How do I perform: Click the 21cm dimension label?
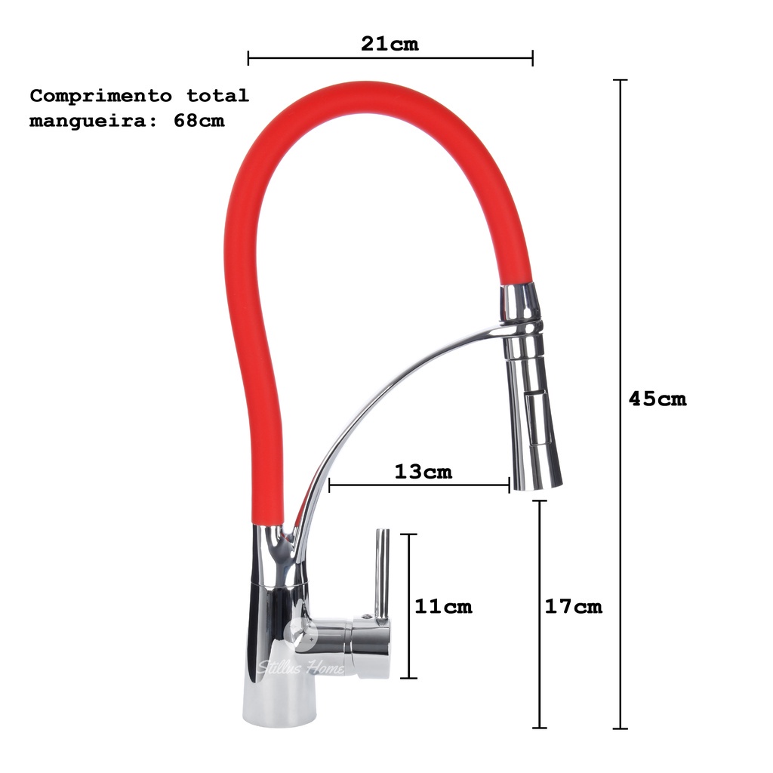click(x=390, y=43)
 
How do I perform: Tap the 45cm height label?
click(x=658, y=399)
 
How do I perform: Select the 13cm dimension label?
click(x=423, y=472)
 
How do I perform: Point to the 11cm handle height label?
click(x=443, y=606)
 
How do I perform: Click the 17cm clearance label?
click(x=574, y=606)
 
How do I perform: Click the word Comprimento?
click(x=101, y=96)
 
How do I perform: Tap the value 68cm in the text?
click(x=199, y=120)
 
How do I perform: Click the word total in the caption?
click(x=218, y=95)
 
